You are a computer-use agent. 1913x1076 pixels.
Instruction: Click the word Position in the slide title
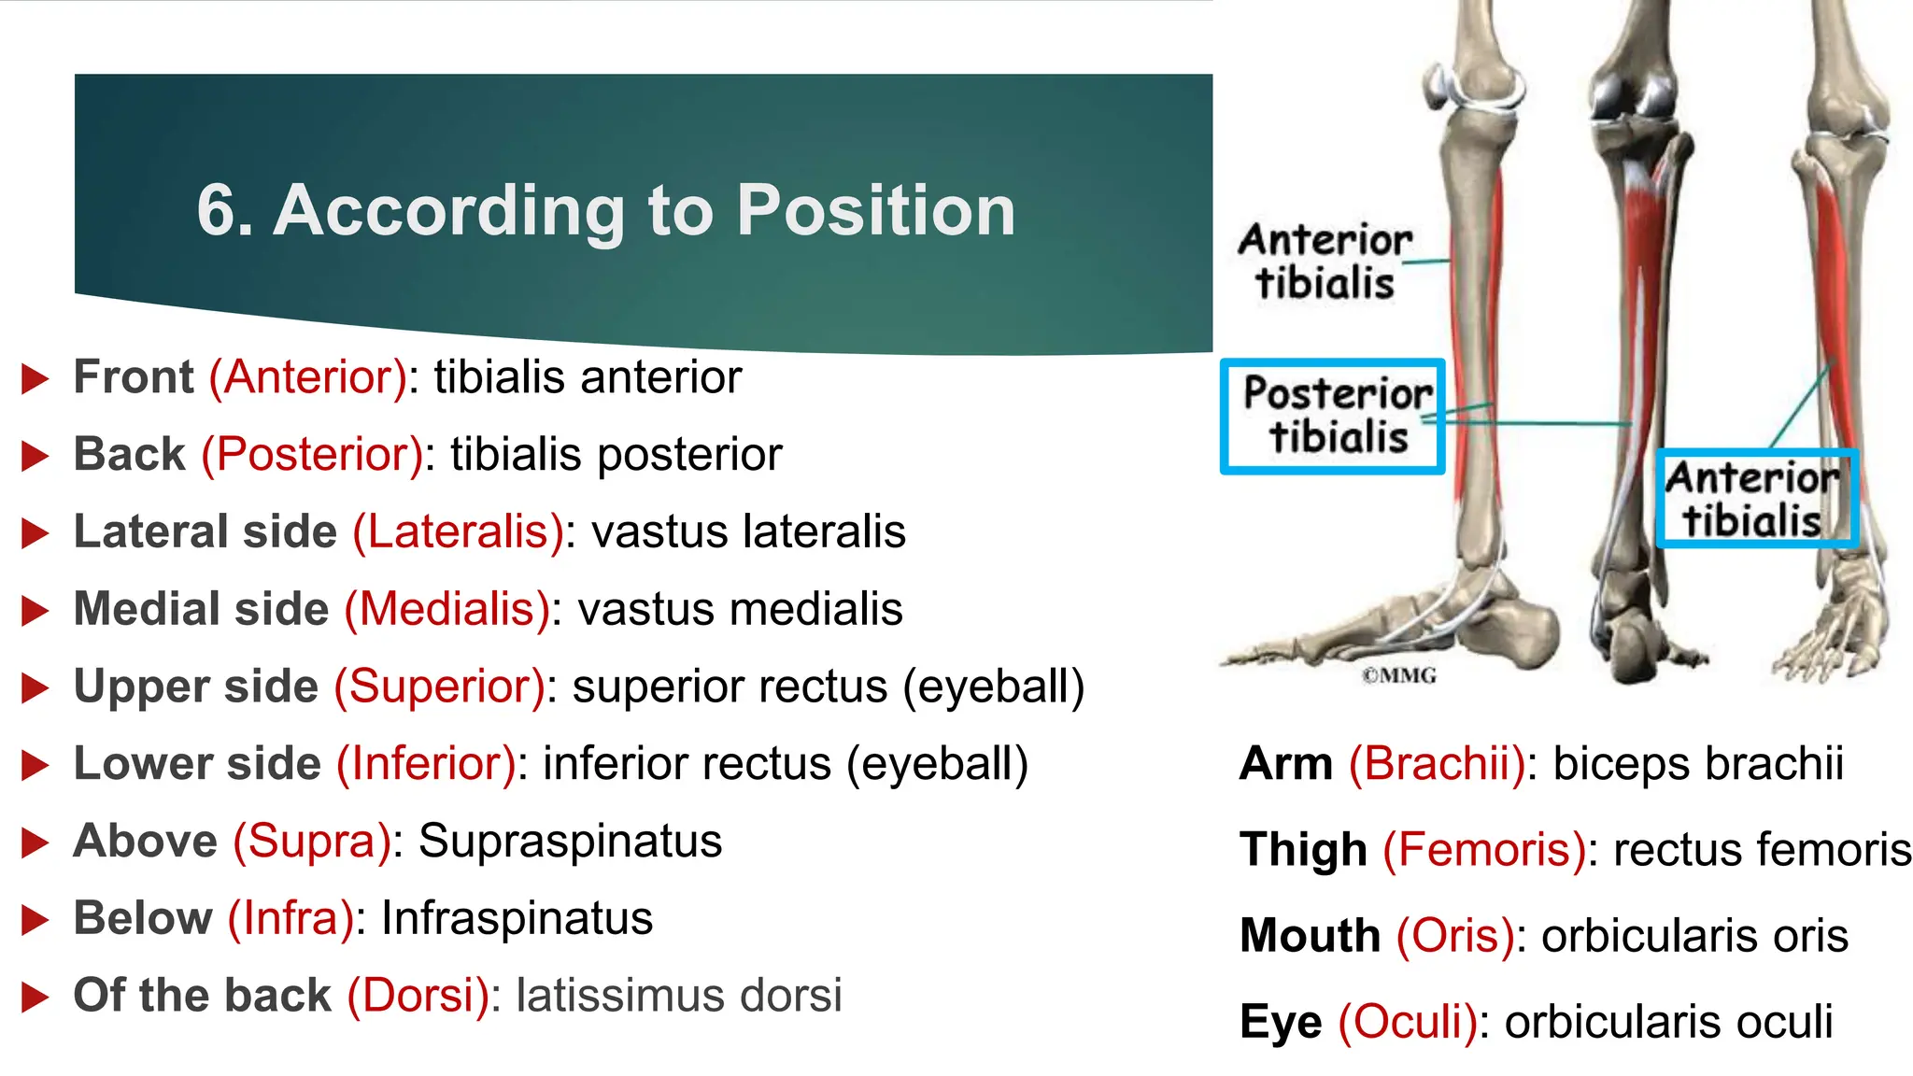pyautogui.click(x=875, y=211)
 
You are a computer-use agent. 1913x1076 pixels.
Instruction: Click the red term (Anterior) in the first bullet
pyautogui.click(x=308, y=377)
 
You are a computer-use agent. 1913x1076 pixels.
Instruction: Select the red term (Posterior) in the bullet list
pyautogui.click(x=312, y=455)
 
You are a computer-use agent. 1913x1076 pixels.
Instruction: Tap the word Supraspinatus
pyautogui.click(x=570, y=841)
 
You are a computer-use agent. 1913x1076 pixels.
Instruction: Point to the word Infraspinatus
pyautogui.click(x=517, y=918)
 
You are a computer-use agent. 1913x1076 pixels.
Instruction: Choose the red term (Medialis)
pyautogui.click(x=447, y=609)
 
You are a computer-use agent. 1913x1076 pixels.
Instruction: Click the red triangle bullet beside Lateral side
pyautogui.click(x=35, y=533)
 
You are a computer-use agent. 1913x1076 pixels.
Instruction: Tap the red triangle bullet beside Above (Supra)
pyautogui.click(x=35, y=842)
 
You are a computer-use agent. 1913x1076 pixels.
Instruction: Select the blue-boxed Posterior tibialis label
pyautogui.click(x=1334, y=417)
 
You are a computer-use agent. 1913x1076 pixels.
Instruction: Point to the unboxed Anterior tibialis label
pyautogui.click(x=1325, y=262)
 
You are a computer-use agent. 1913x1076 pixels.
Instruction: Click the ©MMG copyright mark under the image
pyautogui.click(x=1398, y=675)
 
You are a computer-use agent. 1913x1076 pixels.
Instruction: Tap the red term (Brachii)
pyautogui.click(x=1437, y=764)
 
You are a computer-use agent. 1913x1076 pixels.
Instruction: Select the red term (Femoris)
pyautogui.click(x=1483, y=850)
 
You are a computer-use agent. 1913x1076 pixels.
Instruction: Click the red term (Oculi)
pyautogui.click(x=1408, y=1022)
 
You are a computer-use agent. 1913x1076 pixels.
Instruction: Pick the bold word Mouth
pyautogui.click(x=1310, y=936)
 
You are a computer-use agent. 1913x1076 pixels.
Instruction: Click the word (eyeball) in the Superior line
pyautogui.click(x=993, y=687)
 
